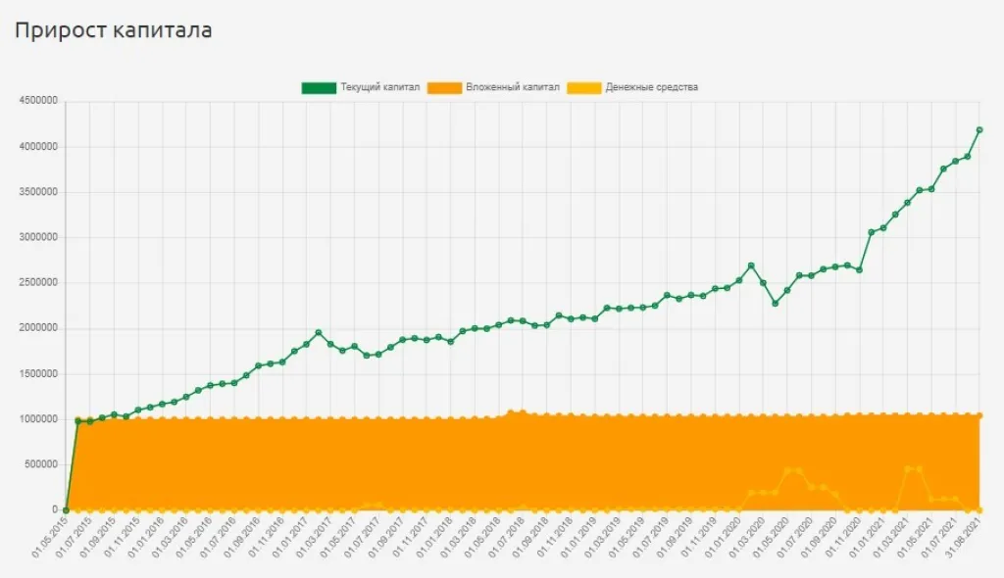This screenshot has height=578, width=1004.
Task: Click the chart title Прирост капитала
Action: tap(113, 31)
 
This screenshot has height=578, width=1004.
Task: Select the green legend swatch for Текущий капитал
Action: tap(318, 87)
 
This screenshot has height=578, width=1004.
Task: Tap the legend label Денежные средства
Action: tap(651, 87)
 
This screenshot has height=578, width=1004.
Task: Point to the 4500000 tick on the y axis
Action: tap(37, 101)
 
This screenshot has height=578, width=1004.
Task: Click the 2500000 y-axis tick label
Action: tap(37, 283)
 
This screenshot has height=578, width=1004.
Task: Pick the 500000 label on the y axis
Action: tap(40, 464)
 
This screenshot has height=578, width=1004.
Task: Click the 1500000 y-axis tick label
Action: tap(37, 373)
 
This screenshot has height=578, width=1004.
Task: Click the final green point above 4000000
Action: tap(979, 129)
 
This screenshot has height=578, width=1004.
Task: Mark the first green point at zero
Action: tap(66, 509)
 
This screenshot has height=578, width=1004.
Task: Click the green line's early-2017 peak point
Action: tap(318, 333)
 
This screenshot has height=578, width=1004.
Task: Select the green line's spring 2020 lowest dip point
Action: tap(775, 304)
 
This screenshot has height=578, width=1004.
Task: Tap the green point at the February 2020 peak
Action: tap(751, 265)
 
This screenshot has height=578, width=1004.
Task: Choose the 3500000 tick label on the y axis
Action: tap(37, 192)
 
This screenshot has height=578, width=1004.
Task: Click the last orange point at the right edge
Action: tap(979, 416)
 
